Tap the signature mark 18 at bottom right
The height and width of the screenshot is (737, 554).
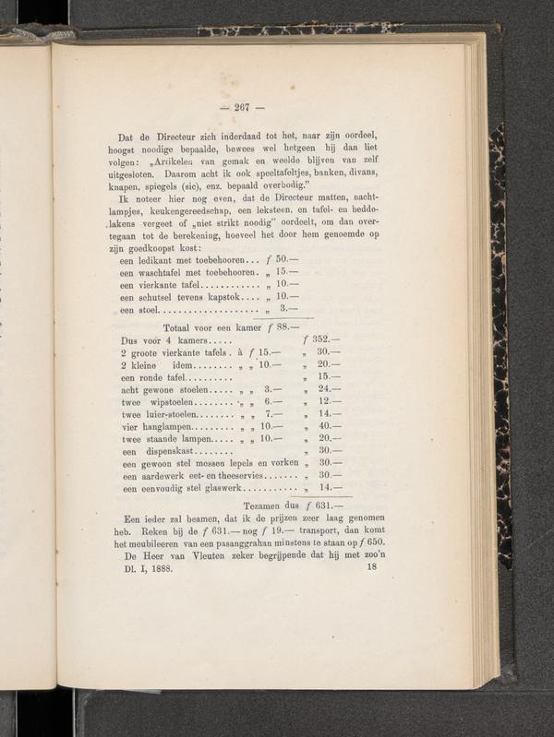[x=372, y=568]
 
